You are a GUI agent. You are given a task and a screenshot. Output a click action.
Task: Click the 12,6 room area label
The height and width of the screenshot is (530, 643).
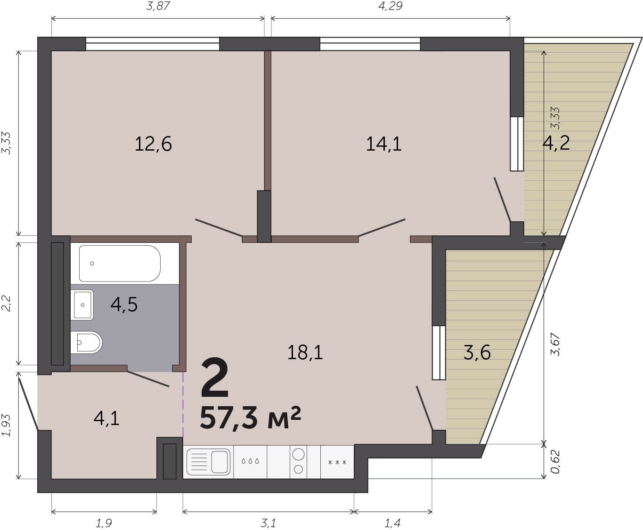(153, 145)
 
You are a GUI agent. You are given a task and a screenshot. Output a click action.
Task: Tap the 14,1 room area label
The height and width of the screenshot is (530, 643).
(383, 145)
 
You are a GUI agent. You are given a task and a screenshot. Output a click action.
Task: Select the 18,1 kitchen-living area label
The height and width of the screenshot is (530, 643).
(305, 353)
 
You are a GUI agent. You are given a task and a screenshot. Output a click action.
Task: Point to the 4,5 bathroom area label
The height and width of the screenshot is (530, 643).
(124, 305)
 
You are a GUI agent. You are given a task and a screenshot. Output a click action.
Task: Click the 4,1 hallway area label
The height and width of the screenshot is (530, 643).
(106, 418)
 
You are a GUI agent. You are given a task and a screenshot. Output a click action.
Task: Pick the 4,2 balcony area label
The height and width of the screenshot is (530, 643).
(556, 143)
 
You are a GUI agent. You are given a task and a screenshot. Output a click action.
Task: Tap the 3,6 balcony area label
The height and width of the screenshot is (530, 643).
(477, 353)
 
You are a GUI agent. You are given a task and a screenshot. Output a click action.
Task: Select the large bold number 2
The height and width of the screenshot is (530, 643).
(215, 377)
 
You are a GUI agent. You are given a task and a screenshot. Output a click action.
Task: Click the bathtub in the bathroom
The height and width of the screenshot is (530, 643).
(120, 264)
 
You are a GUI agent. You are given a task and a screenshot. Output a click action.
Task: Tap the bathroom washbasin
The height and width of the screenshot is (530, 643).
(82, 305)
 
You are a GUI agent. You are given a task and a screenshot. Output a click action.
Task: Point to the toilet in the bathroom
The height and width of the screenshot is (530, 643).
(86, 342)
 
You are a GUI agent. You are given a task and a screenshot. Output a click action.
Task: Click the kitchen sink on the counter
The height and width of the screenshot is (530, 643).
(209, 462)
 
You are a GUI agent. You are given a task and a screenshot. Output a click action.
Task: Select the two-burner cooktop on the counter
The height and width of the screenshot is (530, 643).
(298, 462)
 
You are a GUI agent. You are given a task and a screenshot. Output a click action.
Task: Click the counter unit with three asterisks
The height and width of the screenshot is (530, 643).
(337, 462)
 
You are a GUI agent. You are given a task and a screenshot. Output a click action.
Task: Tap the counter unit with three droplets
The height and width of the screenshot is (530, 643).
(250, 462)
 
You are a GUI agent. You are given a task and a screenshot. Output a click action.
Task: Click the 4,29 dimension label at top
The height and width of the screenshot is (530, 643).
(390, 6)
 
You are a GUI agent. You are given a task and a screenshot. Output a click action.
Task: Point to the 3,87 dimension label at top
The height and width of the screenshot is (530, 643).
(158, 6)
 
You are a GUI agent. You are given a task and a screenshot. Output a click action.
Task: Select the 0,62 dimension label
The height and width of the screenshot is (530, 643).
(555, 462)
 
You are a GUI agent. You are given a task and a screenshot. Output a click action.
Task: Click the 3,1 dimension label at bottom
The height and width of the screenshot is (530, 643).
(268, 523)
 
